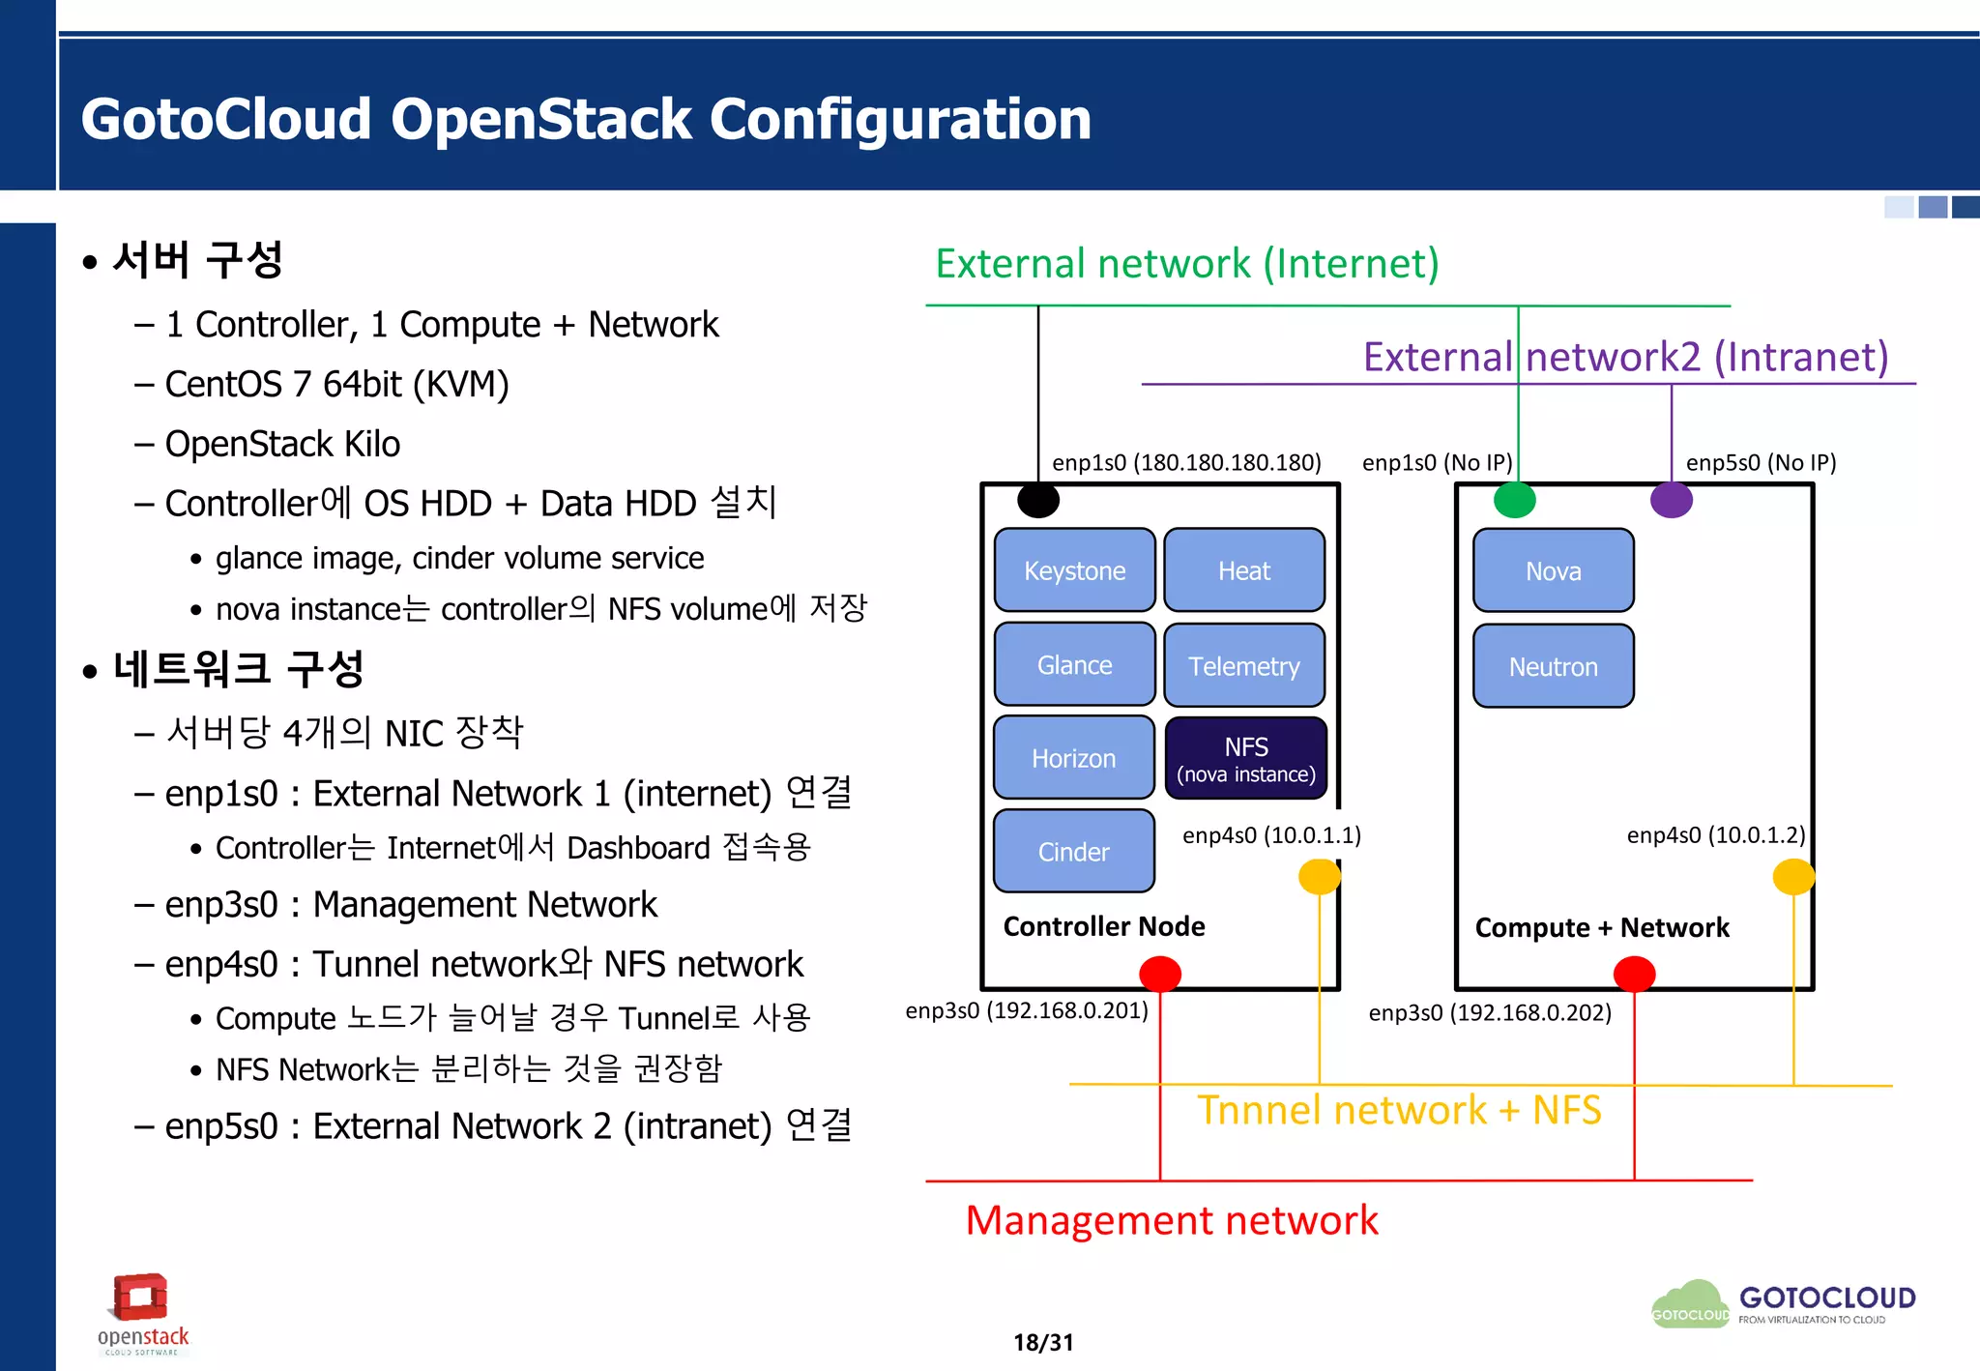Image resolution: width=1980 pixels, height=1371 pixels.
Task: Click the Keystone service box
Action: (1074, 570)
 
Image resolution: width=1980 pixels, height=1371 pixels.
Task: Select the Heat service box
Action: (1244, 570)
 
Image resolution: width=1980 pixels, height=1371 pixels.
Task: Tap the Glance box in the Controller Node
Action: (1074, 665)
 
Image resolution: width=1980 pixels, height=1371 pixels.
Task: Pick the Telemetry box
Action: (1244, 666)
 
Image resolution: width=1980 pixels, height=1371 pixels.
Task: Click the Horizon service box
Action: (1074, 758)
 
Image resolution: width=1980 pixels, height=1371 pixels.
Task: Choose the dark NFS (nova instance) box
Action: (1246, 759)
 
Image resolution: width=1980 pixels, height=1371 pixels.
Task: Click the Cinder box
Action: (1074, 852)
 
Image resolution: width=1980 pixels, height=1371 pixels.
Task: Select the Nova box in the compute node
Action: (1554, 570)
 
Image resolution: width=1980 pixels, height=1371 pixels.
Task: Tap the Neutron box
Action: (1554, 666)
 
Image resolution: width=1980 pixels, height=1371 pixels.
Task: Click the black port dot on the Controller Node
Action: (1038, 500)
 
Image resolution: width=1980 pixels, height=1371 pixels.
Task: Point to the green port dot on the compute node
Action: (1515, 500)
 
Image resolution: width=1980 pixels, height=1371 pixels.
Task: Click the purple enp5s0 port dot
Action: (1672, 500)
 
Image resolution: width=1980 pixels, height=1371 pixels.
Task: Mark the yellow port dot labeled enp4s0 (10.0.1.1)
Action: (1320, 877)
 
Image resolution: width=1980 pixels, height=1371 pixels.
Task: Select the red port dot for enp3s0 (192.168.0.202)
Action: (1635, 974)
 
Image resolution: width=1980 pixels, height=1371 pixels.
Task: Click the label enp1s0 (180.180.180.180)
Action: (1186, 462)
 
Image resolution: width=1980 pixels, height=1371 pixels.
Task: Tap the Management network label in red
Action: (1172, 1220)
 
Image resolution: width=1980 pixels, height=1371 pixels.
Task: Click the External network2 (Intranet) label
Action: (1625, 357)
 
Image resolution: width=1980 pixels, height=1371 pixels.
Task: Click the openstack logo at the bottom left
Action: (142, 1313)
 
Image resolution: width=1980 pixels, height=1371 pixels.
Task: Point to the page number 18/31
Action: (1043, 1342)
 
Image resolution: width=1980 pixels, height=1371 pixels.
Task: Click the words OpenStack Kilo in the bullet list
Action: (282, 444)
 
